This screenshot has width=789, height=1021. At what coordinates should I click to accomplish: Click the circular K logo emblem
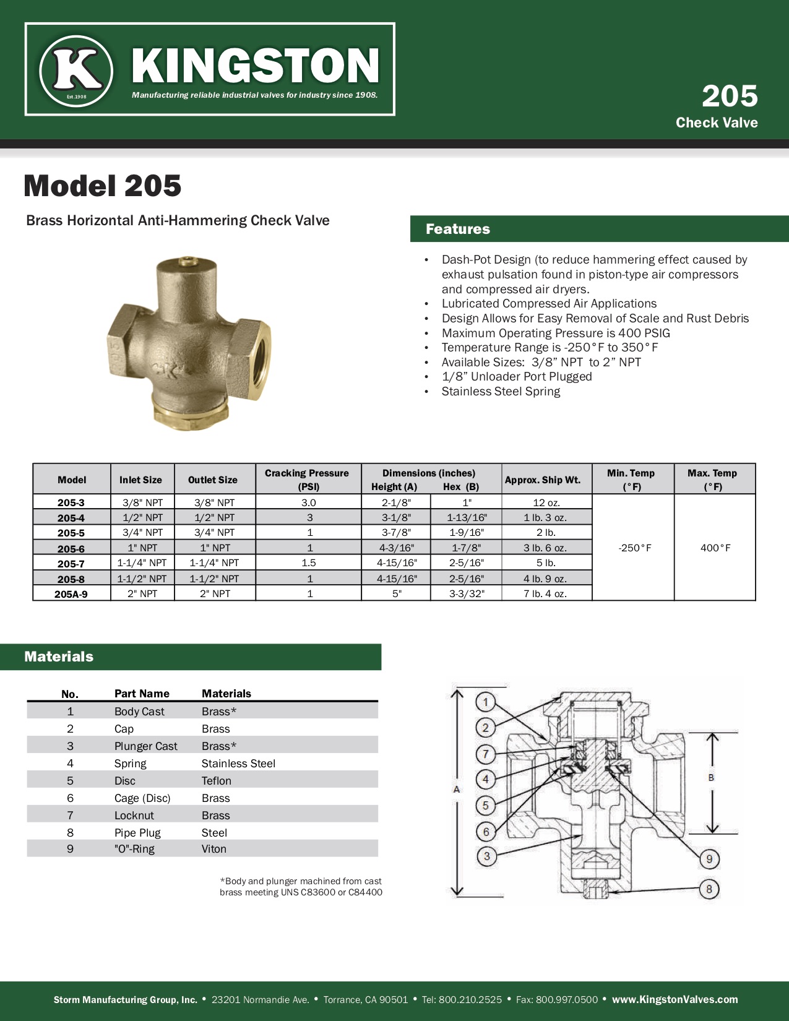click(x=76, y=70)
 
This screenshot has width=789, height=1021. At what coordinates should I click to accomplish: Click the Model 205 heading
click(x=103, y=186)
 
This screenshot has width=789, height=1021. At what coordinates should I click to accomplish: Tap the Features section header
click(x=458, y=229)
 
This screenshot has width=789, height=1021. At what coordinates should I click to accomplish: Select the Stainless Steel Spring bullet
click(x=501, y=392)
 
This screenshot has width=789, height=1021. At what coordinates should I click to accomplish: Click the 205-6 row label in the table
click(x=71, y=548)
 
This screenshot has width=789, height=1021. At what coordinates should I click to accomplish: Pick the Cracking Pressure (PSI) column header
click(x=307, y=480)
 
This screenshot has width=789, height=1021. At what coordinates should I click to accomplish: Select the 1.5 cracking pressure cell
click(x=309, y=563)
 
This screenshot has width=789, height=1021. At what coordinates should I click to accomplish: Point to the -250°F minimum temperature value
click(x=635, y=548)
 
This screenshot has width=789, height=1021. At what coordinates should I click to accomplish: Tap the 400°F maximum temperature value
click(x=715, y=548)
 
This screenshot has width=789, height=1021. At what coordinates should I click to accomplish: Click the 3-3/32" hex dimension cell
click(x=467, y=594)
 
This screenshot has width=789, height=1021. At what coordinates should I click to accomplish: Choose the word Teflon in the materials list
click(x=217, y=781)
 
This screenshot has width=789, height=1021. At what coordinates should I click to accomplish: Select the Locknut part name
click(x=134, y=816)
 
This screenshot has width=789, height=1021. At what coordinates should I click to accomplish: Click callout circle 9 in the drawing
click(x=709, y=859)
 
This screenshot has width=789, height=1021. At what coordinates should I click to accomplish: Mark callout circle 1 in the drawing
click(x=486, y=702)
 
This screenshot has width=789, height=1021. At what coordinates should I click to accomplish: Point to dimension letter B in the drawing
click(x=711, y=778)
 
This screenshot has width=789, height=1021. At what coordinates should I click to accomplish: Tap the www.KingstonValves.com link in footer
click(x=675, y=999)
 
